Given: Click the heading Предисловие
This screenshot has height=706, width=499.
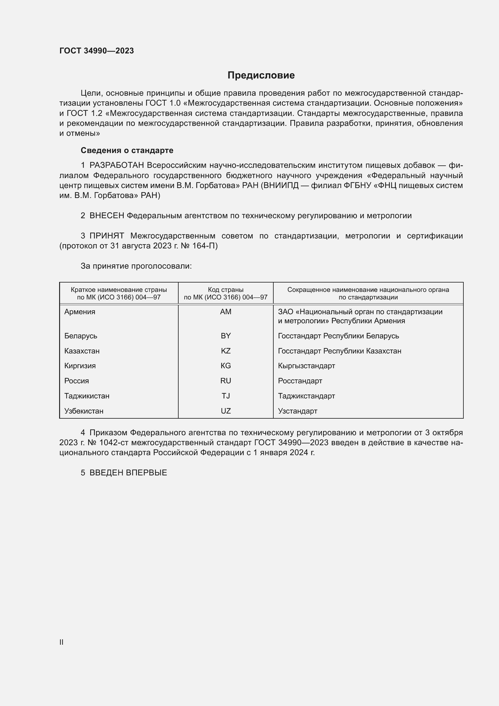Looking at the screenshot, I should pyautogui.click(x=261, y=75).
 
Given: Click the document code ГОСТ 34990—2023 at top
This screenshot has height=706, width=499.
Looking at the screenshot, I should pyautogui.click(x=97, y=51).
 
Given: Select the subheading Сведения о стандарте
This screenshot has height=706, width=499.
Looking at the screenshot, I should pyautogui.click(x=127, y=150).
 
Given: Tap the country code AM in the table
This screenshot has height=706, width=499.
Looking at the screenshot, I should pyautogui.click(x=226, y=312).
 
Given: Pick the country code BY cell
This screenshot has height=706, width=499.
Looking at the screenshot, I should pyautogui.click(x=226, y=336).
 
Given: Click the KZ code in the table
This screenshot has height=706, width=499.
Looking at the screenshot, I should pyautogui.click(x=226, y=351).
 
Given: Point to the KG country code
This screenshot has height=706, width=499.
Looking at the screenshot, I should pyautogui.click(x=226, y=366).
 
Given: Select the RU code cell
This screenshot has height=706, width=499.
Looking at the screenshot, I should pyautogui.click(x=226, y=381).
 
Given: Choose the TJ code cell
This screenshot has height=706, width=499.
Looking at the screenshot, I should pyautogui.click(x=226, y=396).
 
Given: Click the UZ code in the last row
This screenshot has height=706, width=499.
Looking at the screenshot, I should pyautogui.click(x=226, y=411).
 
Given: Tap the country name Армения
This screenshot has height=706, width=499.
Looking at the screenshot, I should pyautogui.click(x=80, y=312).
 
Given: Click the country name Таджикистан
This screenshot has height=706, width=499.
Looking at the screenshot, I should pyautogui.click(x=87, y=396).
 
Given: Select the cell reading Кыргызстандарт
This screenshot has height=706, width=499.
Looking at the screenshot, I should pyautogui.click(x=306, y=366).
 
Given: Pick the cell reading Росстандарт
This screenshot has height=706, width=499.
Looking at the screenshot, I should pyautogui.click(x=300, y=381).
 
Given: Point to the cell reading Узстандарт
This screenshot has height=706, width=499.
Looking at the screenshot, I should pyautogui.click(x=297, y=411).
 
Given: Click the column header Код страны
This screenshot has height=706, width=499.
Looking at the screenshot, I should pyautogui.click(x=226, y=290).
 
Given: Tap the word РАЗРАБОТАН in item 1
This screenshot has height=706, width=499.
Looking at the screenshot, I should pyautogui.click(x=117, y=165).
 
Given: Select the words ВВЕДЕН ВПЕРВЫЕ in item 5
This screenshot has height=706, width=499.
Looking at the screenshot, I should pyautogui.click(x=128, y=473).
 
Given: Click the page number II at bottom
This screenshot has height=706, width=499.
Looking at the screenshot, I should pyautogui.click(x=62, y=642).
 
